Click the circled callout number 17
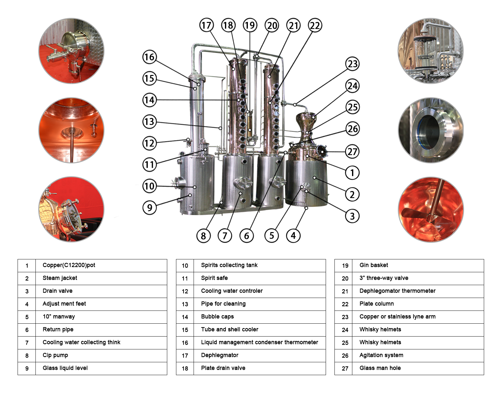click(x=206, y=25)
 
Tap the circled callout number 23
click(x=352, y=64)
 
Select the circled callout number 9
click(x=150, y=208)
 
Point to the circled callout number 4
click(x=293, y=236)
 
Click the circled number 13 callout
click(x=150, y=122)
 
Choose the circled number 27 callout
click(x=352, y=152)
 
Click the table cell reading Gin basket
click(x=374, y=265)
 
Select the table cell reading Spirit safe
click(x=214, y=278)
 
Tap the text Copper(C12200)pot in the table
click(x=69, y=265)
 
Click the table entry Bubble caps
click(x=217, y=317)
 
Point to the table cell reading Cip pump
click(x=55, y=355)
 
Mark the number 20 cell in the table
click(x=345, y=279)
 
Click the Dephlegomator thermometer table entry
click(x=397, y=291)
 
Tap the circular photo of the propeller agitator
click(x=430, y=209)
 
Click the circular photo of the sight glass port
click(x=430, y=130)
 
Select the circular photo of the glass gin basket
click(x=430, y=51)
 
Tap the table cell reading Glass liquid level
click(x=65, y=368)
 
